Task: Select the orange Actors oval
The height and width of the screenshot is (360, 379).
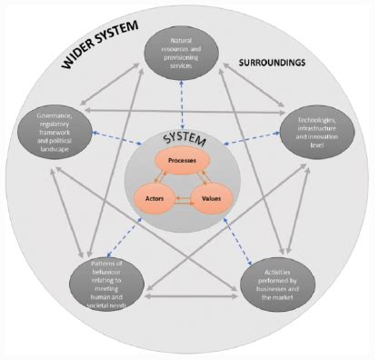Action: [x=156, y=195]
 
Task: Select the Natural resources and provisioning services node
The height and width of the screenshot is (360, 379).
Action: [x=185, y=54]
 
